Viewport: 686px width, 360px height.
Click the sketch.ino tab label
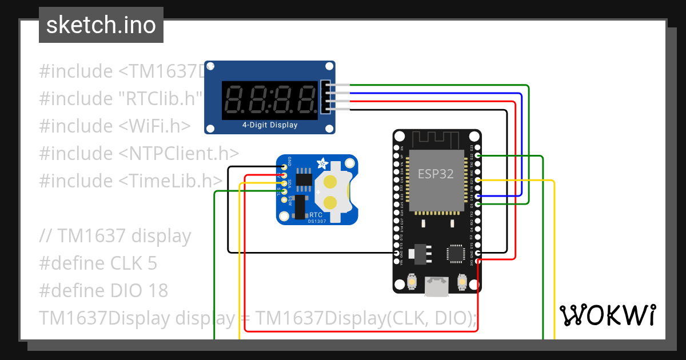[x=101, y=25]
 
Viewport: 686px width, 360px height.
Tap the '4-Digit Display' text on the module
[x=270, y=125]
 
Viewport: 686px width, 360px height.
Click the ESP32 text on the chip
[x=436, y=174]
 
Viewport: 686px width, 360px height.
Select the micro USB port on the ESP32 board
[x=437, y=287]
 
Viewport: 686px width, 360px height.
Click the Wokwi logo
[x=607, y=315]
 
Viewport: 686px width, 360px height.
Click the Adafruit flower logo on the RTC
[x=322, y=164]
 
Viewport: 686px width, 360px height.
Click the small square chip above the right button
[x=456, y=253]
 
